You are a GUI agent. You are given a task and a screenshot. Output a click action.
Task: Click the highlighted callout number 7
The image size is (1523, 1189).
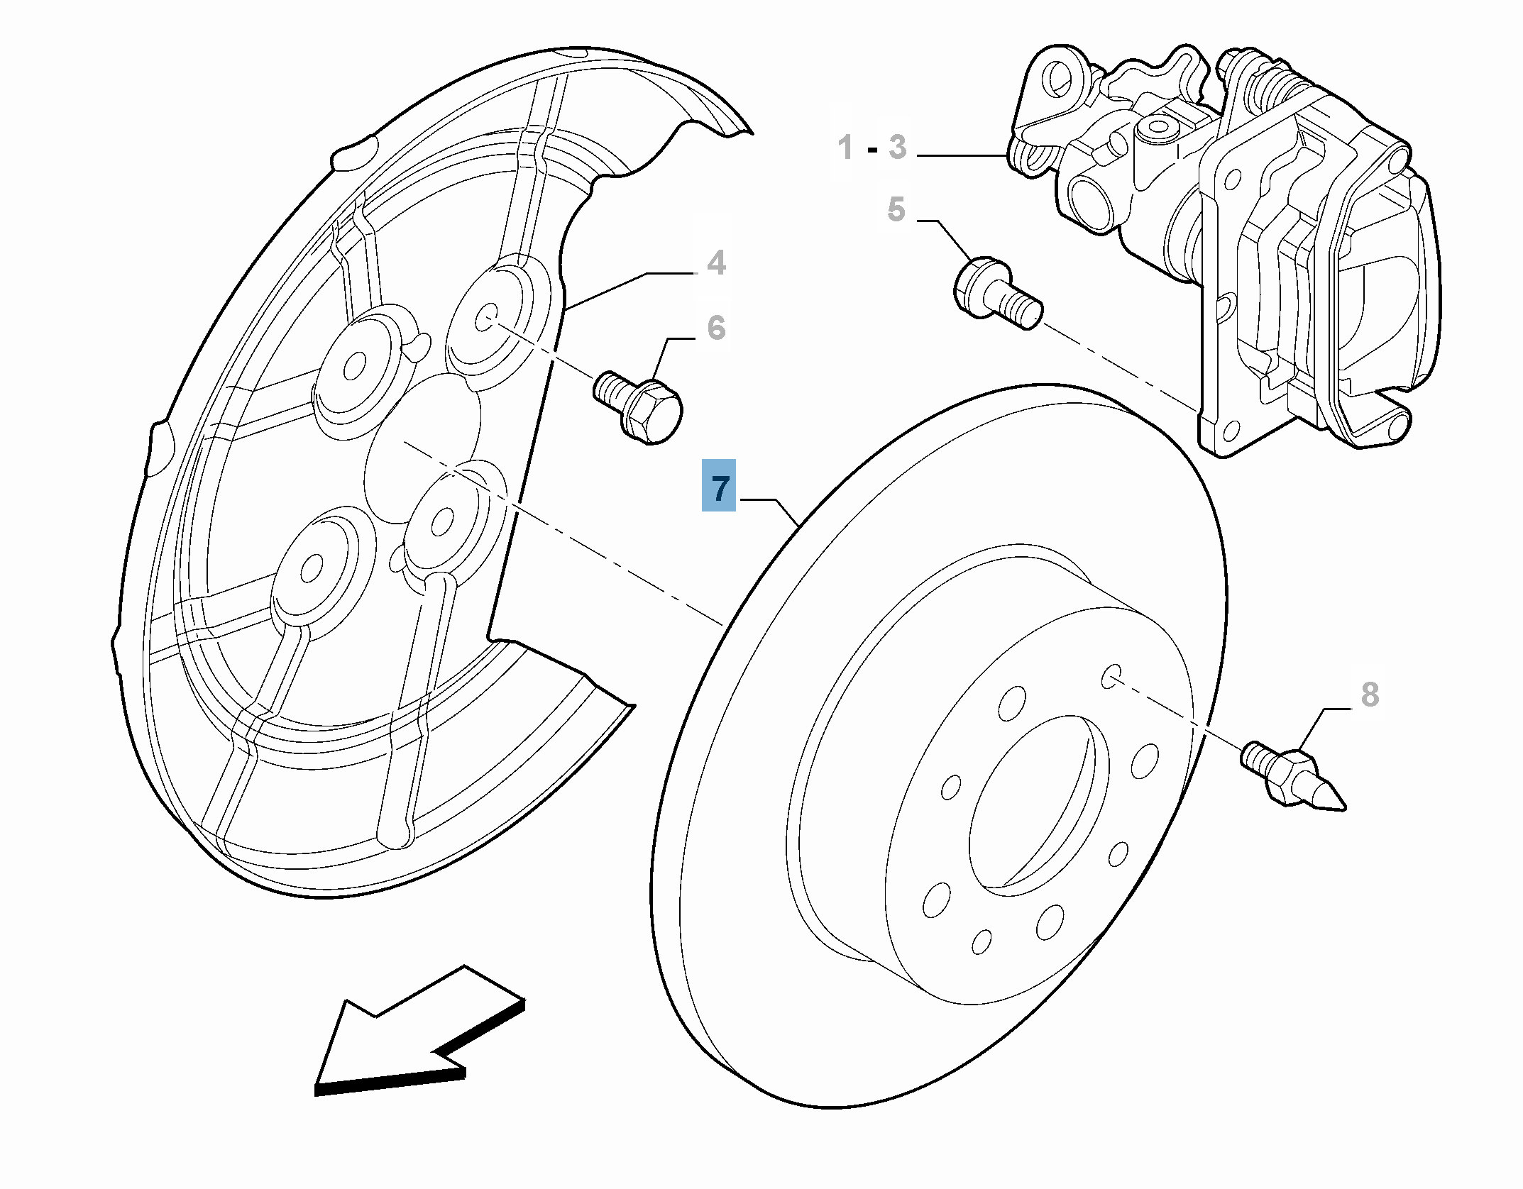719,486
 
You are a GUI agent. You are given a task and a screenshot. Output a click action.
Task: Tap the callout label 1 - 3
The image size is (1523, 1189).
872,148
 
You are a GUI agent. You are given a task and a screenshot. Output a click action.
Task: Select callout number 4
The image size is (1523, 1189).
717,262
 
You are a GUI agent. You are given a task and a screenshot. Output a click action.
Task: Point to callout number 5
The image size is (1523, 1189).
896,209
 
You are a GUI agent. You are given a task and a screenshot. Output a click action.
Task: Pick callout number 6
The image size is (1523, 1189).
717,328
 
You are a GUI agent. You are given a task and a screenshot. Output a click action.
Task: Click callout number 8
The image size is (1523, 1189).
1370,695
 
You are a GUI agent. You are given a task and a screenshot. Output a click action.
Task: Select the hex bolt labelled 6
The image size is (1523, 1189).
639,407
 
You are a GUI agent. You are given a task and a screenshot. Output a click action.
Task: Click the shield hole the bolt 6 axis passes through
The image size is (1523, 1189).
487,317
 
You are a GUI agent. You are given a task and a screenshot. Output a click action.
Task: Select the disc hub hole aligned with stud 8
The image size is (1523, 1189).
1111,676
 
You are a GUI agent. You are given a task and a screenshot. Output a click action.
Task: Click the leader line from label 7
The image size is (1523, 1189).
777,507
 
